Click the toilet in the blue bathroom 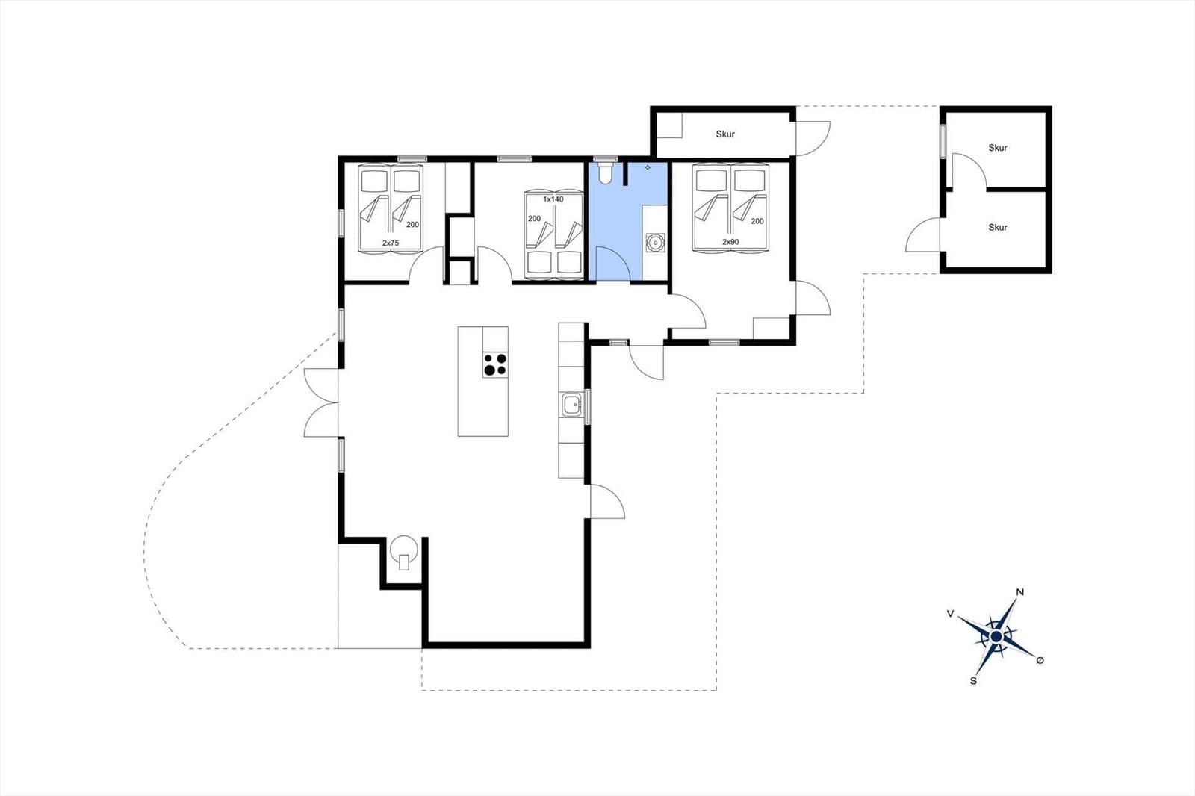pos(605,173)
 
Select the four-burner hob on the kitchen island pos(495,365)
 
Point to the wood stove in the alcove pos(403,552)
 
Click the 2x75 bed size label pos(391,243)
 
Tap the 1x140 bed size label pos(553,199)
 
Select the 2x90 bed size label pos(730,242)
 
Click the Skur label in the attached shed pos(725,134)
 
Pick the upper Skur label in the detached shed pos(998,148)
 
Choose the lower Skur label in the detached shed pos(998,227)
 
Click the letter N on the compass pos(1020,591)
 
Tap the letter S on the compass pos(974,681)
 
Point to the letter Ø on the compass pos(1040,661)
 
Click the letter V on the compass pos(950,614)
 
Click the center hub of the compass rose pos(996,636)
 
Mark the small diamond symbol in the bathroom pos(648,167)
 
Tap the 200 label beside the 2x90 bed pos(757,221)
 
